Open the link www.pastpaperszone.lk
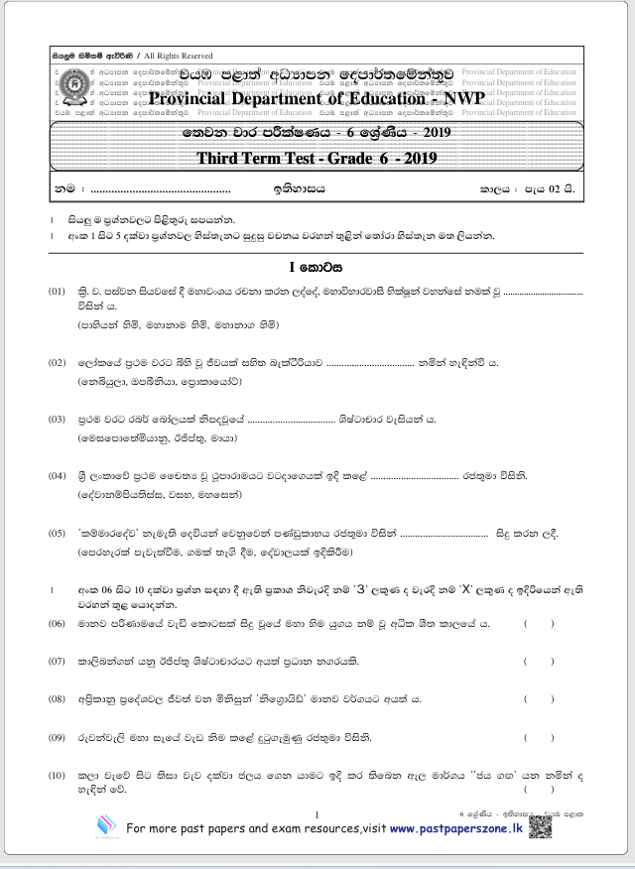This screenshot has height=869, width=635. tap(455, 828)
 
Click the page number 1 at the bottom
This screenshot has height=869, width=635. tap(316, 814)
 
